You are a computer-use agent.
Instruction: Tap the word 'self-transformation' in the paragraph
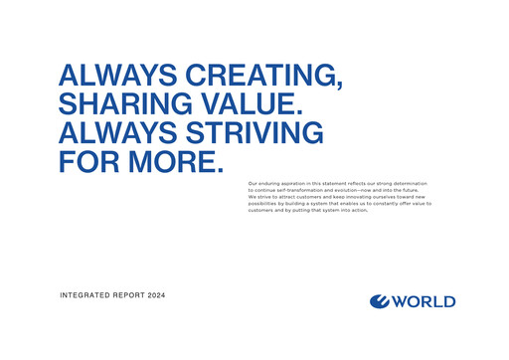pyautogui.click(x=302, y=191)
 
